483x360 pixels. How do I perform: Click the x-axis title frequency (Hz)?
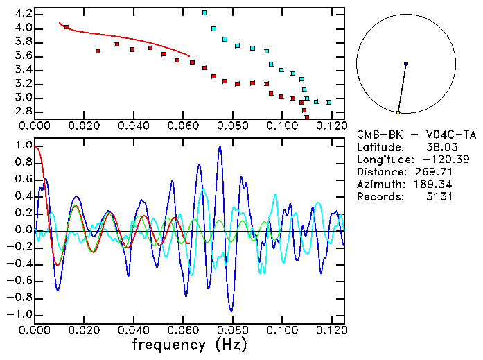coord(189,344)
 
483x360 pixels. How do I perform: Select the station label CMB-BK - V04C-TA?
coord(416,135)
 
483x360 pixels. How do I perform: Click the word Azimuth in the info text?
coord(378,185)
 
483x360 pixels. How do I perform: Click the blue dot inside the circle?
coord(406,64)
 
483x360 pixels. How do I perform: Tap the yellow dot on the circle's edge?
coord(398,112)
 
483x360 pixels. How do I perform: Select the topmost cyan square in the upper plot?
coord(204,12)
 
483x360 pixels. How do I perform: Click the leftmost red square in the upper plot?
coord(67,27)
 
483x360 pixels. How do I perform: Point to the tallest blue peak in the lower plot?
coord(220,147)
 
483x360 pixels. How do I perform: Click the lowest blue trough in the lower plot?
coord(231,311)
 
